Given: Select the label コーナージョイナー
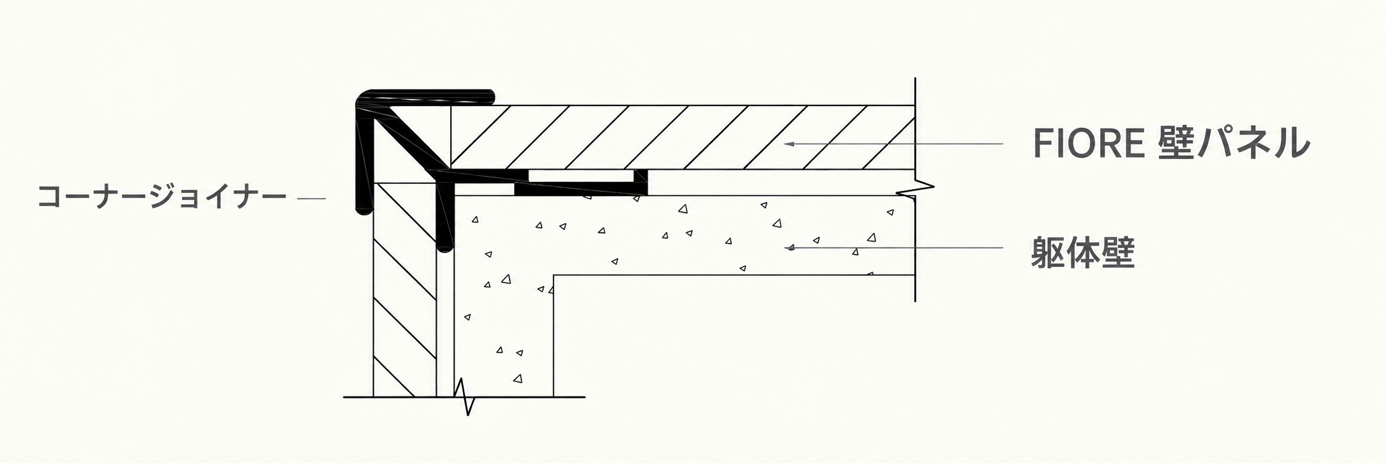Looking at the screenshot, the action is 162,197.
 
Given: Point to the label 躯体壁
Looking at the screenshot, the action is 1082,253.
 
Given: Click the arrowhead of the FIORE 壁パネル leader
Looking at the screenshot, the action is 789,144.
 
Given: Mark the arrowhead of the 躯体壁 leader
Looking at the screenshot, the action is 791,247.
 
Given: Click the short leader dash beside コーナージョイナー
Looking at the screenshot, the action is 312,199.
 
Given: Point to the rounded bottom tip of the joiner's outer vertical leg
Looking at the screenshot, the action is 363,209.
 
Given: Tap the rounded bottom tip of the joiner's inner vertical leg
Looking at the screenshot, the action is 445,244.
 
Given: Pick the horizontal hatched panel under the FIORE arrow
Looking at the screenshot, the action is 683,137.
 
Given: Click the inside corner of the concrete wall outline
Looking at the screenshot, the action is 554,275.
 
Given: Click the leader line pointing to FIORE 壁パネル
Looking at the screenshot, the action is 893,144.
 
